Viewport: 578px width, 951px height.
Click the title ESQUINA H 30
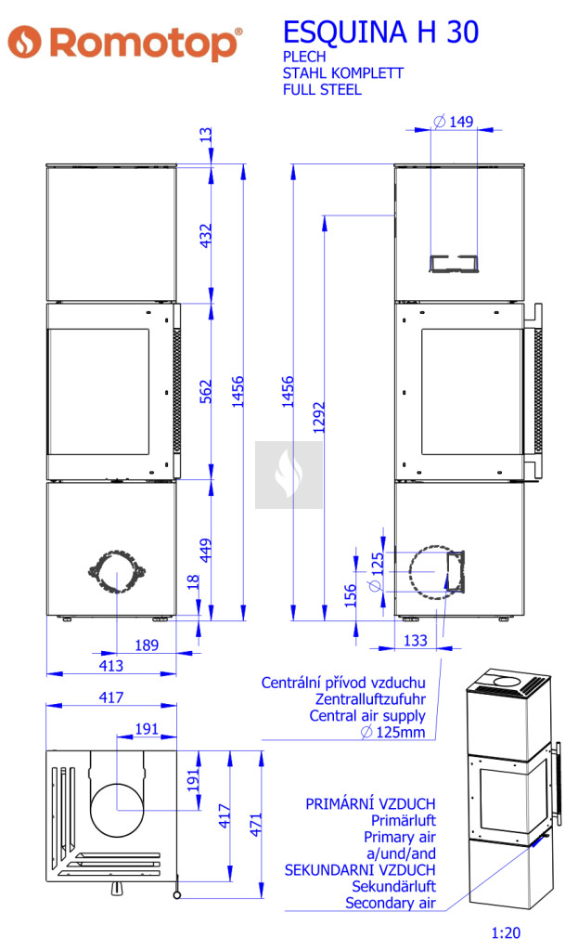(x=380, y=33)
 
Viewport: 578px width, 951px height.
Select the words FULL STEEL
(x=322, y=90)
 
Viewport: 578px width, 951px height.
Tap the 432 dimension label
(x=206, y=235)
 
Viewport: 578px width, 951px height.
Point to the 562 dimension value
(x=206, y=391)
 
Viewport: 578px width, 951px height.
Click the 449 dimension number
(x=206, y=550)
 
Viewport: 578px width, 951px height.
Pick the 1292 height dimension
(x=319, y=417)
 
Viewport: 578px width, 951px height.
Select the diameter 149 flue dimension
(x=454, y=122)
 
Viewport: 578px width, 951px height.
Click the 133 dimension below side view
(x=415, y=641)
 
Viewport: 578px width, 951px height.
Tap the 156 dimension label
(x=350, y=595)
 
